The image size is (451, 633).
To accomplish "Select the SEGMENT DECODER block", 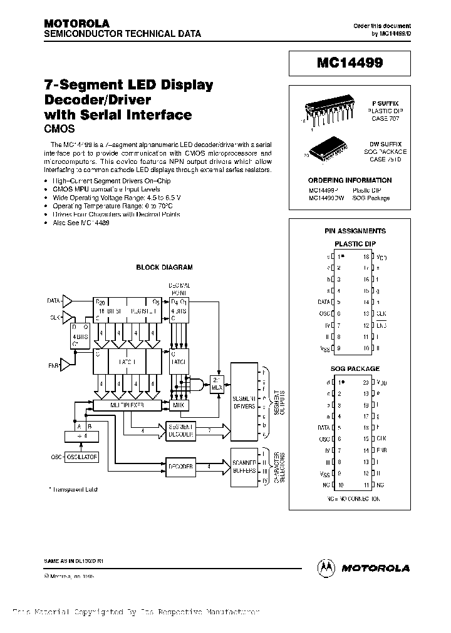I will [x=180, y=430].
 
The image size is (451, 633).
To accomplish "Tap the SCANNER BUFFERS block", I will [x=244, y=466].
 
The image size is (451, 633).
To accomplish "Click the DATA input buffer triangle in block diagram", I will [x=68, y=301].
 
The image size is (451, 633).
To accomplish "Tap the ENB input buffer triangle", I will [x=68, y=363].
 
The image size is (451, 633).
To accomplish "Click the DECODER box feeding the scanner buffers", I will [x=180, y=466].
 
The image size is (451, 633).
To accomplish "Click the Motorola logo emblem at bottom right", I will [x=327, y=567].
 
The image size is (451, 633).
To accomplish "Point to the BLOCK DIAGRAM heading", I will [x=165, y=267].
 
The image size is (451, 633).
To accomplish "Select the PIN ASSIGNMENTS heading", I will [x=355, y=231].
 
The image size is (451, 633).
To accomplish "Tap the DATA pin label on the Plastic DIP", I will [x=323, y=301].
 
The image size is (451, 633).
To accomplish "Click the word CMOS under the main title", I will [x=60, y=129].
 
